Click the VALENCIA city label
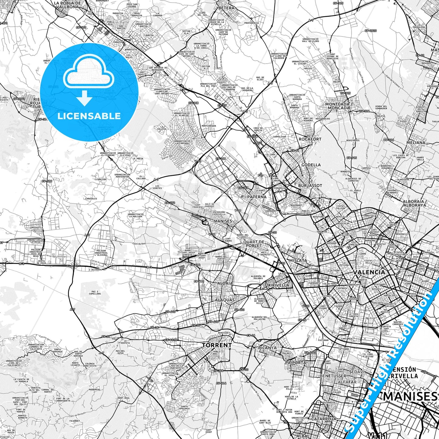click(x=369, y=272)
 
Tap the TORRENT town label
click(x=217, y=345)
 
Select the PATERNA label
click(x=257, y=197)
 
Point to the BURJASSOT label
click(x=310, y=185)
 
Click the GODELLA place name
click(x=311, y=165)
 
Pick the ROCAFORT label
click(x=310, y=139)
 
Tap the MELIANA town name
click(x=416, y=142)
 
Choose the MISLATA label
click(x=298, y=260)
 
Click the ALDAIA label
click(x=225, y=283)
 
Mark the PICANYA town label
click(x=267, y=348)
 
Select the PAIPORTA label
click(x=296, y=363)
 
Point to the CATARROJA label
click(x=324, y=419)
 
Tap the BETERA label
click(x=226, y=8)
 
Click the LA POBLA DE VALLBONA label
click(x=67, y=5)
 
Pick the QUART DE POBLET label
click(x=254, y=244)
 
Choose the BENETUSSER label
click(x=333, y=376)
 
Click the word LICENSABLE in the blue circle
click(x=89, y=116)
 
